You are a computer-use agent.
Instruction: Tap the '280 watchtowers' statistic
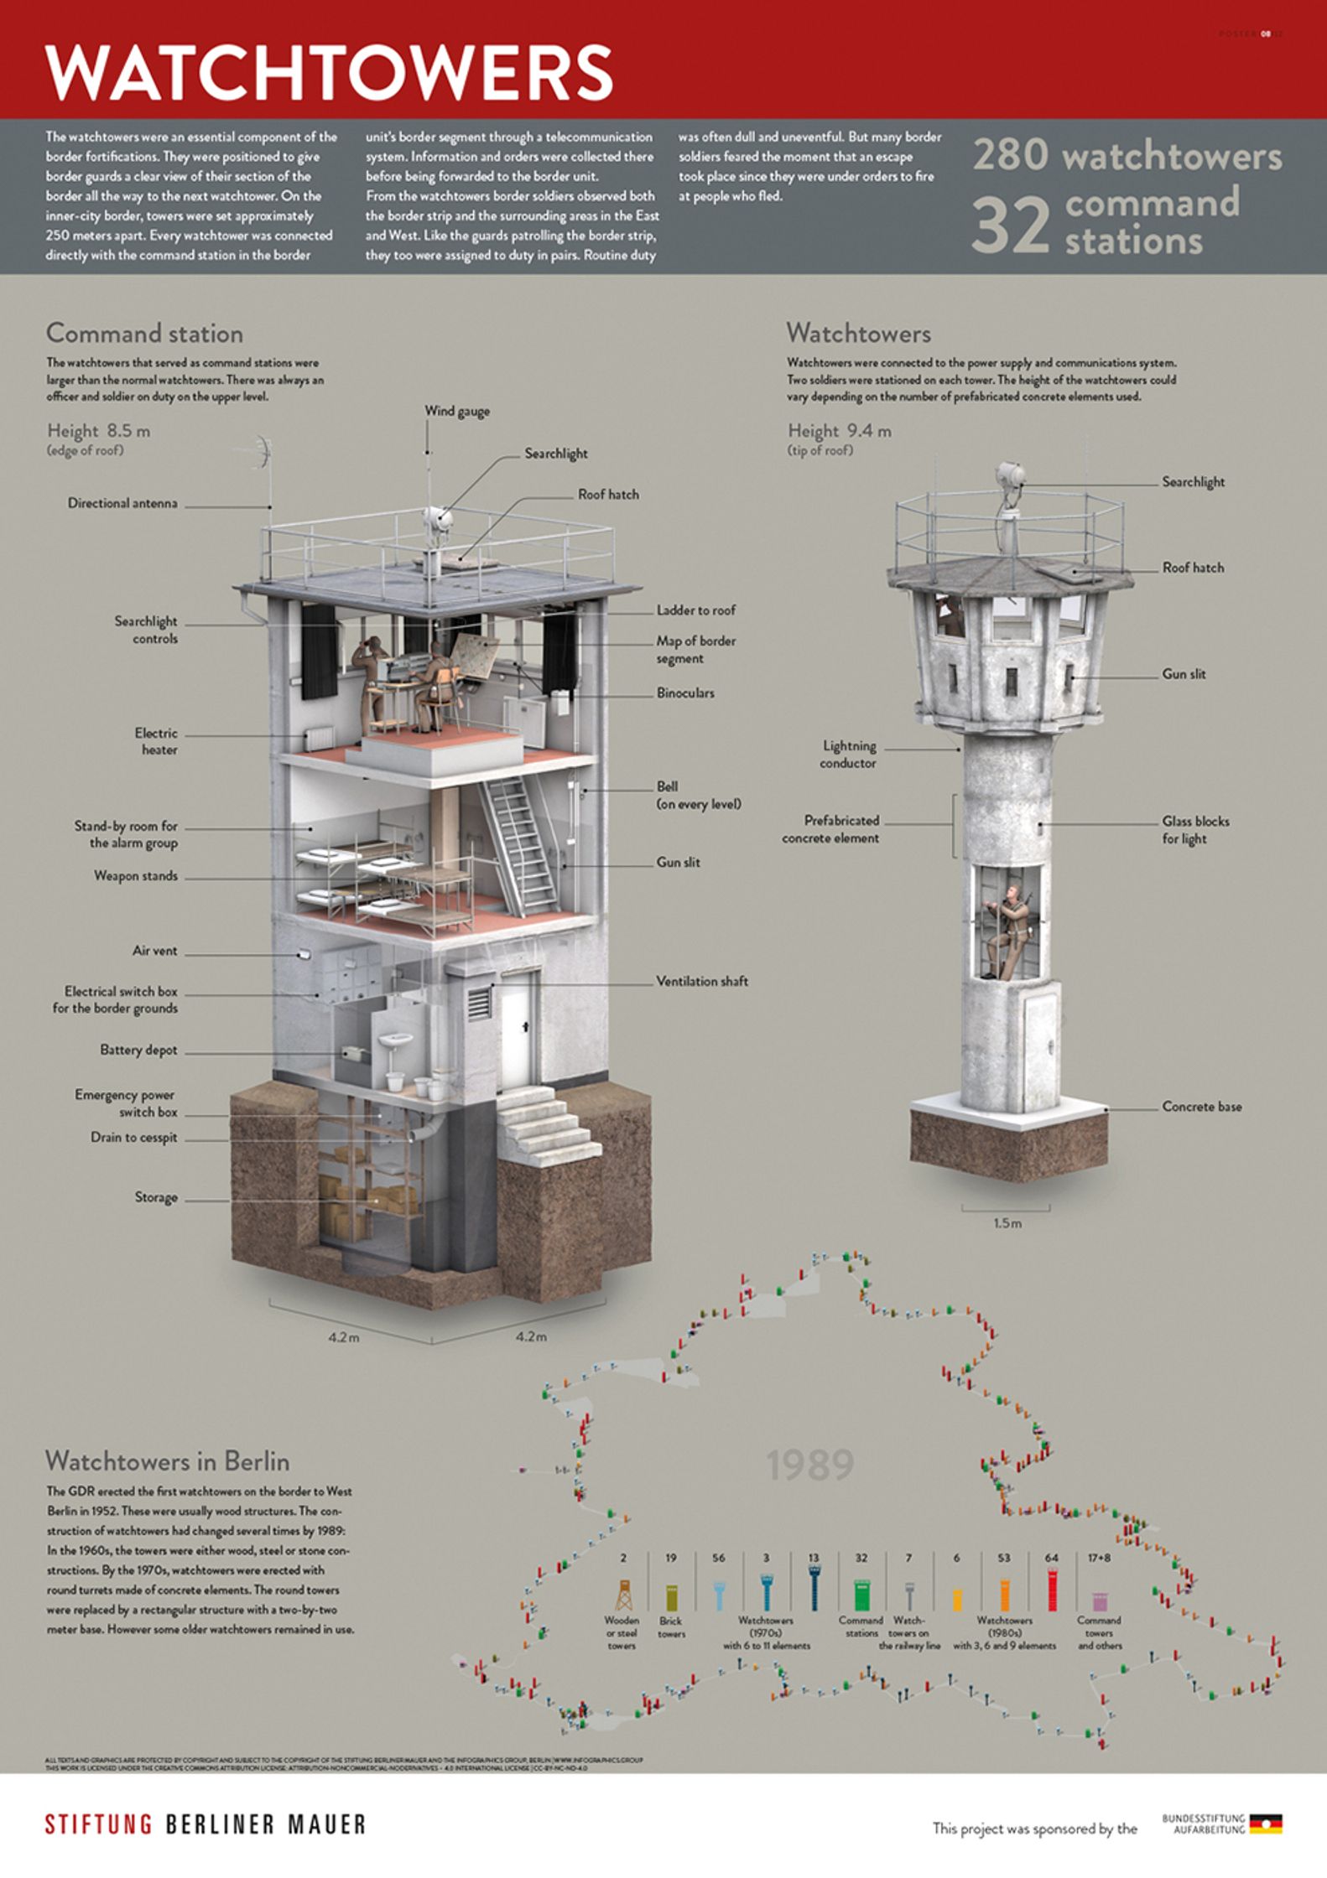(1127, 157)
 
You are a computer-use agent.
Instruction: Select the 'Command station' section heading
(144, 334)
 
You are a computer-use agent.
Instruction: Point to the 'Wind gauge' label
(456, 411)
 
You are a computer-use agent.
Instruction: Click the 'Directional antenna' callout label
(122, 503)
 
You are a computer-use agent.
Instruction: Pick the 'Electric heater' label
(157, 741)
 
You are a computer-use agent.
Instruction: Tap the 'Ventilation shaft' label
(701, 981)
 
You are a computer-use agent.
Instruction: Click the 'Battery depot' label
(138, 1050)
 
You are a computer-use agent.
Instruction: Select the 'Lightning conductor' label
(849, 754)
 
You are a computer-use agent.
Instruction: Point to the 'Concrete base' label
(1201, 1107)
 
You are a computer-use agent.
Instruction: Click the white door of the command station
(518, 1027)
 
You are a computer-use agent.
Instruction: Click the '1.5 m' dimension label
(1007, 1223)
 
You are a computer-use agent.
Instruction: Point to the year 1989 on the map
(809, 1465)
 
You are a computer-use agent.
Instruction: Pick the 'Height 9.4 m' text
(839, 431)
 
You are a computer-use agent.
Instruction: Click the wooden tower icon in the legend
(623, 1595)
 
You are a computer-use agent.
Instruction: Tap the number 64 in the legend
(1051, 1558)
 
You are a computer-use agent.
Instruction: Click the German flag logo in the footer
(1266, 1824)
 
